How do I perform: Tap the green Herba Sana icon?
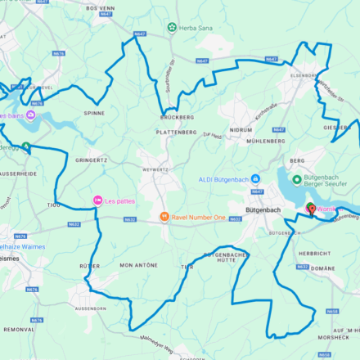click(172, 27)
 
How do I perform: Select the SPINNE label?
click(94, 113)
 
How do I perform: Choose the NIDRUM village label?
click(241, 129)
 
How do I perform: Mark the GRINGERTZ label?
click(91, 160)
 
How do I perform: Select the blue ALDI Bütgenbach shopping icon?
click(255, 179)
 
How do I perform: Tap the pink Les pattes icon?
click(97, 200)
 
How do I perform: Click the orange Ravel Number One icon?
click(164, 217)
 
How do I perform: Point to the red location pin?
click(311, 209)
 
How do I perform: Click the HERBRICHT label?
click(313, 254)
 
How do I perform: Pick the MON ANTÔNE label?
click(137, 266)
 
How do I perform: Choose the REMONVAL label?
click(18, 329)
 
